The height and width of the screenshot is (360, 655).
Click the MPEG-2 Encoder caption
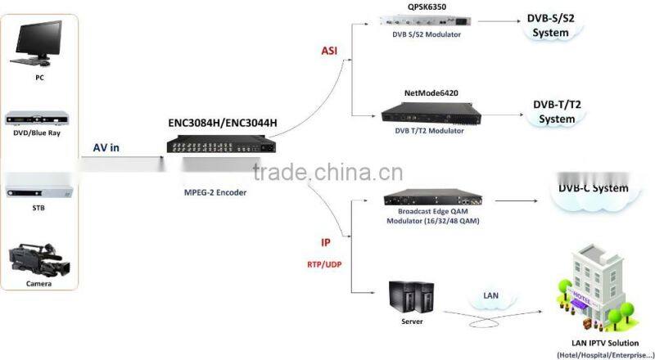[x=215, y=192]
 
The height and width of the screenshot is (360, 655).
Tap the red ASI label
[x=329, y=51]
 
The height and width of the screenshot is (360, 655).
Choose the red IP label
[x=326, y=242]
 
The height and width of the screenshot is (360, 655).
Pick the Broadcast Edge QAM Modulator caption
[x=432, y=215]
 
